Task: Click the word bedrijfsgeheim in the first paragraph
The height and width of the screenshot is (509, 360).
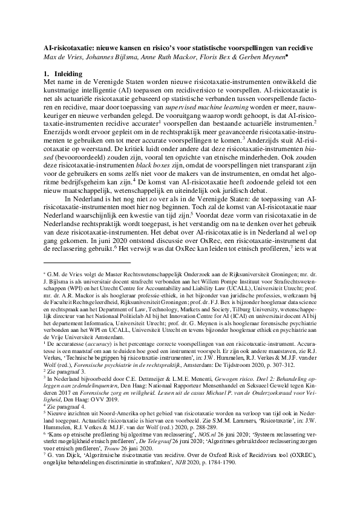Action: (x=89, y=182)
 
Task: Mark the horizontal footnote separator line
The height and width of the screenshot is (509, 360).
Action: (x=87, y=263)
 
